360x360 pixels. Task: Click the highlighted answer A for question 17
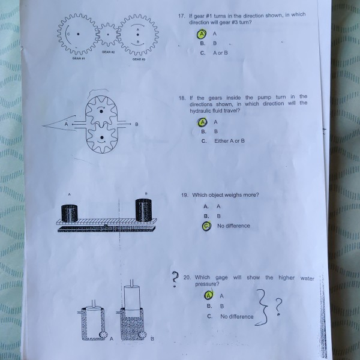point(203,34)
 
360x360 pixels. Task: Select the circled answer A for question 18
point(203,122)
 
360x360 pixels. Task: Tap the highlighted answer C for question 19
point(206,226)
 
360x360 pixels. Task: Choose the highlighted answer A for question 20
point(208,295)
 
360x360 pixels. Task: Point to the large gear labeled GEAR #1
point(77,34)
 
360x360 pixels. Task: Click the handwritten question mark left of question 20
point(174,278)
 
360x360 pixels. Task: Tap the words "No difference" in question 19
point(233,226)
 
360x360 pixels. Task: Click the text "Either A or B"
point(229,141)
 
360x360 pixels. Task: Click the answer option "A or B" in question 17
point(220,53)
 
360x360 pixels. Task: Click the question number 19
point(184,195)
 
